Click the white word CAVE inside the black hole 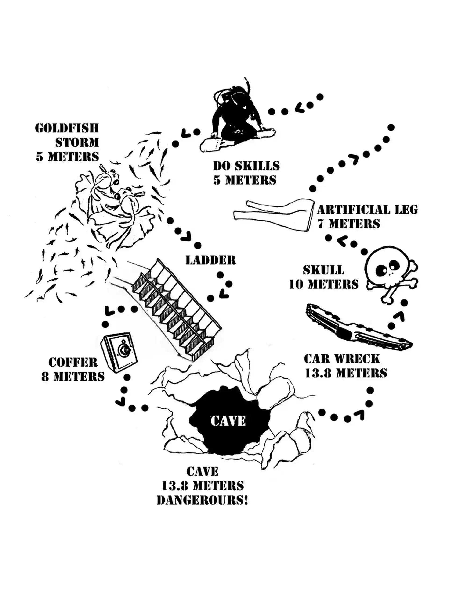[228, 421]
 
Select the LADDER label [210, 260]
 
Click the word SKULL [323, 270]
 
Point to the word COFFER [73, 362]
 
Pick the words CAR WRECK [342, 359]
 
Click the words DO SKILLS [246, 166]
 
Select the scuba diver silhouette [233, 114]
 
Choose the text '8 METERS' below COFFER [73, 377]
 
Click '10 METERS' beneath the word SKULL [324, 285]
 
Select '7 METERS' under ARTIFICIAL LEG [349, 224]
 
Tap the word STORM [77, 142]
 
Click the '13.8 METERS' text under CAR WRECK [346, 373]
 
